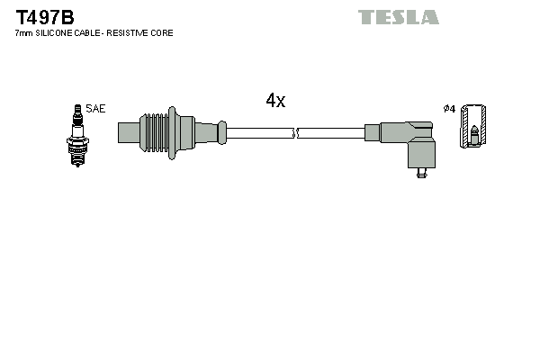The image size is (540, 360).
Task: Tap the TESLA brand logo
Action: coord(398,17)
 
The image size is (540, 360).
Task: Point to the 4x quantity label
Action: coord(275,102)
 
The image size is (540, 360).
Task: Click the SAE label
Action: coord(96,109)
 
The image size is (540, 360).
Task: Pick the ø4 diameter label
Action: coord(449,109)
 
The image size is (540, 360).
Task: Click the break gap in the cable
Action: coord(295,133)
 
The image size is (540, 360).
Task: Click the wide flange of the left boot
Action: coord(184,132)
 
